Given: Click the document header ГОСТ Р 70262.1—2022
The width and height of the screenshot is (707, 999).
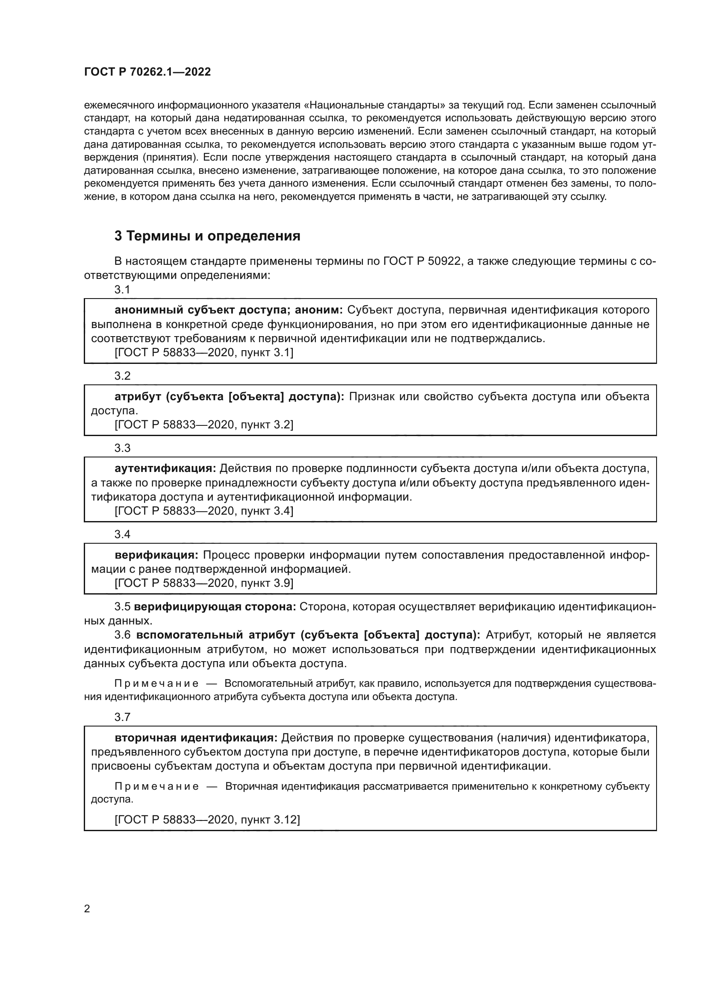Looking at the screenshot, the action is pyautogui.click(x=147, y=72).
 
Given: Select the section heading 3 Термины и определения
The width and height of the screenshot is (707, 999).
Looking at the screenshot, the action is pyautogui.click(x=207, y=236).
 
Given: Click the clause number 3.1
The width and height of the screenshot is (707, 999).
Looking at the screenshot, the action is pyautogui.click(x=122, y=290).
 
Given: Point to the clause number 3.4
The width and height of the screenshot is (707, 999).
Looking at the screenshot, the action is pyautogui.click(x=122, y=534).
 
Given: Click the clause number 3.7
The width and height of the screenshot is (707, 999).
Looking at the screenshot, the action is pyautogui.click(x=122, y=717).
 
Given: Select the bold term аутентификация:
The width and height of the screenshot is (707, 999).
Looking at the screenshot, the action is pyautogui.click(x=165, y=469).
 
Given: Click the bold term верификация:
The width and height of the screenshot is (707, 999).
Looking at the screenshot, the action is pyautogui.click(x=157, y=555).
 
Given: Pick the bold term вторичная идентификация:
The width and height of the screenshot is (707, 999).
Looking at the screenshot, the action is pyautogui.click(x=196, y=738).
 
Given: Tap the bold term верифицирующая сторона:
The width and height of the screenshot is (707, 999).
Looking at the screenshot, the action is pyautogui.click(x=215, y=606).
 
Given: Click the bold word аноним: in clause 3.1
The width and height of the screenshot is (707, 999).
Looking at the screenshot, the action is pyautogui.click(x=319, y=310).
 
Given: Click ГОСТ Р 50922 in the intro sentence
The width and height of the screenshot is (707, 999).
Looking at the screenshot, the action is pyautogui.click(x=422, y=261).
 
